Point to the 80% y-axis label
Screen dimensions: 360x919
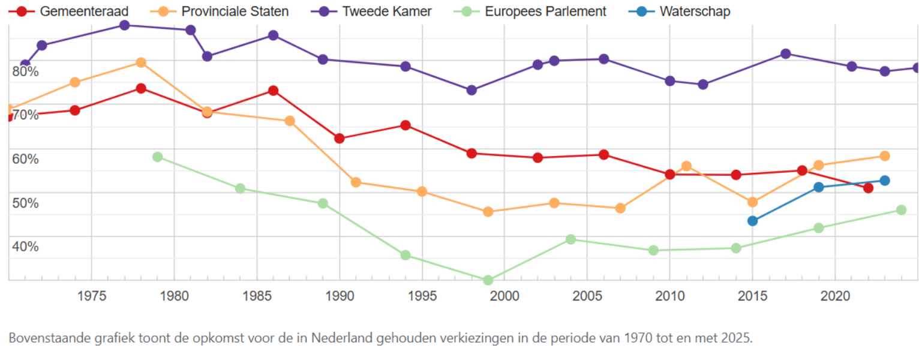(x=25, y=71)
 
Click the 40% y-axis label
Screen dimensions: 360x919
(x=25, y=247)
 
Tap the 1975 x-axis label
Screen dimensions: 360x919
(x=91, y=296)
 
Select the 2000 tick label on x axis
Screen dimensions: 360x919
(x=504, y=296)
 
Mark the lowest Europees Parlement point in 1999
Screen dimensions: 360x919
(x=488, y=280)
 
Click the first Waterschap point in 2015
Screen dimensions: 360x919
(x=752, y=221)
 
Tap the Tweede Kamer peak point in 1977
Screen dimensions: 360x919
(x=124, y=25)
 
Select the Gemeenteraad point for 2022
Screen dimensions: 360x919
(x=868, y=188)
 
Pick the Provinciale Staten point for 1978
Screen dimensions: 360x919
(x=141, y=62)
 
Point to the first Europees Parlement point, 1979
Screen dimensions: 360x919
(x=158, y=157)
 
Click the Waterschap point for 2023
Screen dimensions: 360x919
(x=884, y=181)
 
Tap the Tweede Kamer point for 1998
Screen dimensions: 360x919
(x=471, y=90)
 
